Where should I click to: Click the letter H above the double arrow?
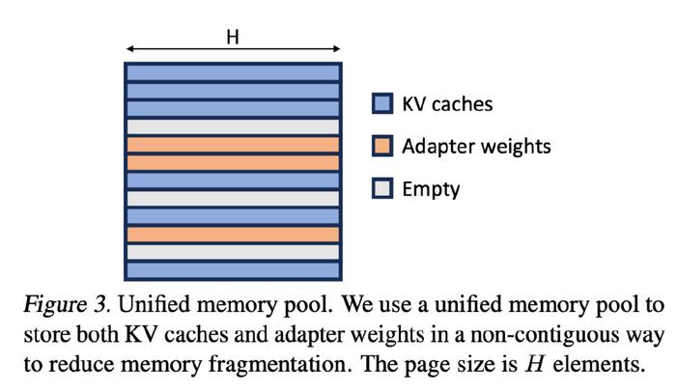click(233, 38)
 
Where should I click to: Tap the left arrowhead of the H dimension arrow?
click(129, 49)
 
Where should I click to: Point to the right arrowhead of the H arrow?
click(337, 49)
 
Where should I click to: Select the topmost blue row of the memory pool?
click(234, 72)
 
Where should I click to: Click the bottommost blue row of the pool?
click(234, 270)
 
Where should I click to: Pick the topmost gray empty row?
click(234, 126)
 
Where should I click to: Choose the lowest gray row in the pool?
click(234, 252)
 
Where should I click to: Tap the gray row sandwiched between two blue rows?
click(234, 198)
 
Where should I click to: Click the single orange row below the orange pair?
click(234, 235)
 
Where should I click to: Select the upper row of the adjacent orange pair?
click(234, 145)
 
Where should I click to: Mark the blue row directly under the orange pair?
click(234, 181)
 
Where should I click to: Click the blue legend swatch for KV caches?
click(382, 103)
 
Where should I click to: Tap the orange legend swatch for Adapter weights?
click(382, 146)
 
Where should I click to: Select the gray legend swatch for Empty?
click(382, 188)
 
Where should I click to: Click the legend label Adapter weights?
click(476, 147)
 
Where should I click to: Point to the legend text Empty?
click(431, 189)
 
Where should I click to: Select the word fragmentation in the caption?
click(278, 364)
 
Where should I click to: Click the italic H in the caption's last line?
click(536, 364)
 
